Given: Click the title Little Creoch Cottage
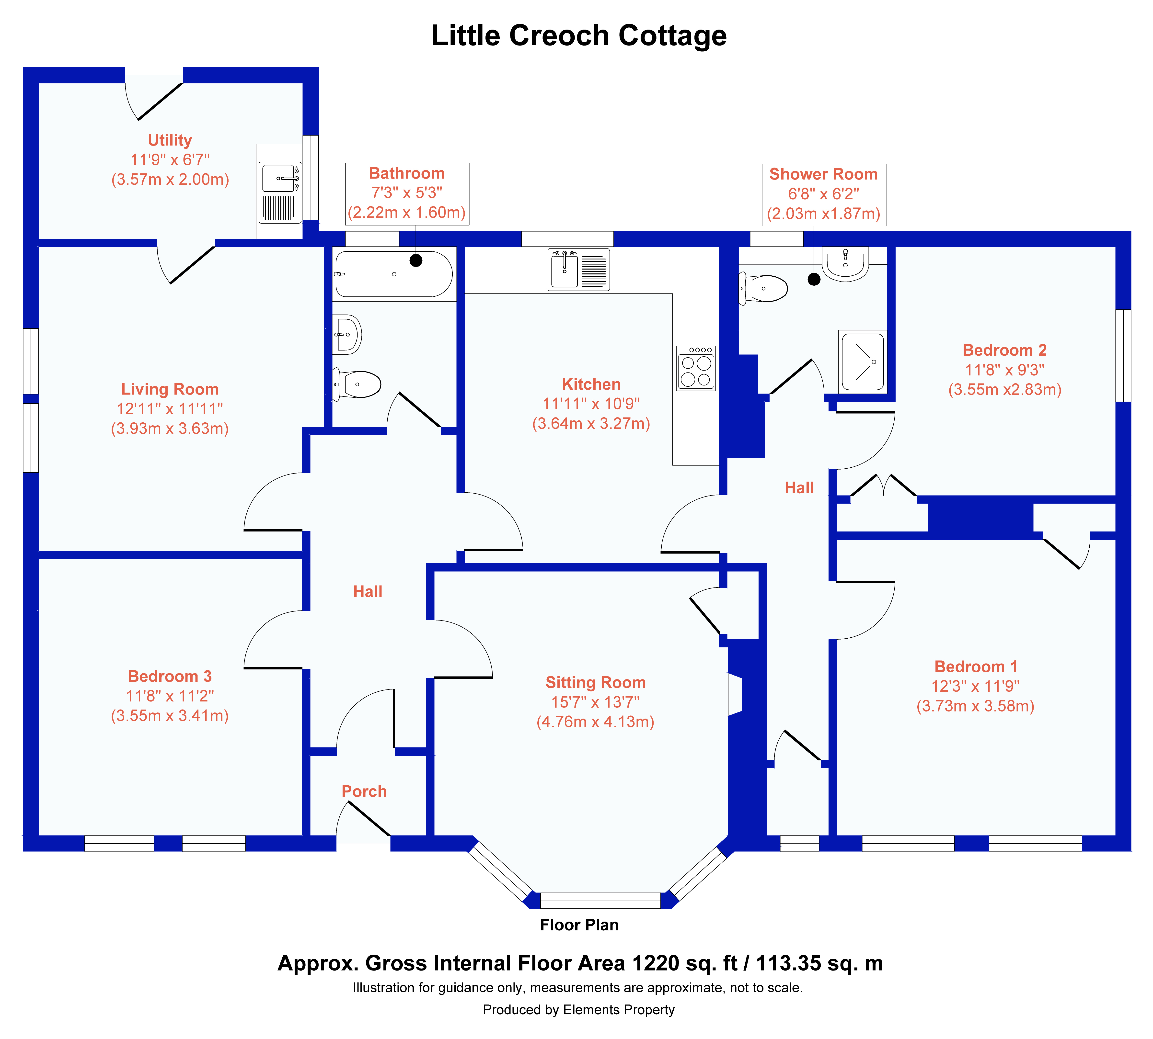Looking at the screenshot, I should click(x=578, y=35).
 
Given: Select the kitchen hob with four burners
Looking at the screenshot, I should click(x=696, y=368).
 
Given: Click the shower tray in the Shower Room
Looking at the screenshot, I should click(x=862, y=361).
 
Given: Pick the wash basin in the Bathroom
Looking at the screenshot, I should click(x=347, y=335).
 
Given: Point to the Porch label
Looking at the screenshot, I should click(x=364, y=791).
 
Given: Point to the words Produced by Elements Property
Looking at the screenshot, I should click(x=578, y=1010).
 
